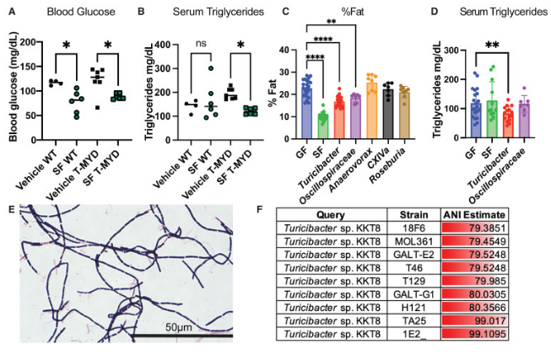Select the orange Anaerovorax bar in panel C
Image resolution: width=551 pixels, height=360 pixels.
coord(371,105)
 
